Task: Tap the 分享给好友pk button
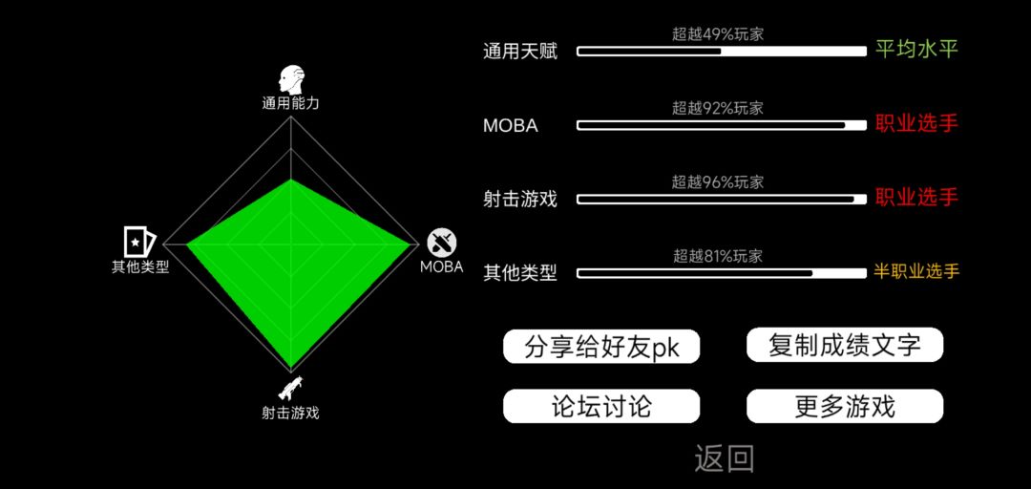(x=601, y=346)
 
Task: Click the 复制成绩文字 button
(x=845, y=345)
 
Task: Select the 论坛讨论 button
(x=601, y=406)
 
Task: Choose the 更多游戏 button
(x=845, y=406)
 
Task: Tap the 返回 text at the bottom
(x=724, y=458)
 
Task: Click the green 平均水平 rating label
(x=916, y=50)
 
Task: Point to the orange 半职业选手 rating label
(x=916, y=271)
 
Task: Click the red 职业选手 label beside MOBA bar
(x=916, y=123)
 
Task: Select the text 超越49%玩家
(x=717, y=35)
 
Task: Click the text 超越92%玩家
(x=717, y=109)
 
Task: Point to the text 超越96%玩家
(x=717, y=182)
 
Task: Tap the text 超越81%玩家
(x=717, y=256)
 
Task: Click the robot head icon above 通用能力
(x=291, y=79)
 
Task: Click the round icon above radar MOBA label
(x=442, y=243)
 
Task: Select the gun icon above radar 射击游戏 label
(x=290, y=388)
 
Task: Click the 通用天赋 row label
(x=520, y=52)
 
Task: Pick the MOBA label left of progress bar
(x=510, y=126)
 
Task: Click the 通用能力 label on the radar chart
(x=290, y=103)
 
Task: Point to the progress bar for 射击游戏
(x=722, y=199)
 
